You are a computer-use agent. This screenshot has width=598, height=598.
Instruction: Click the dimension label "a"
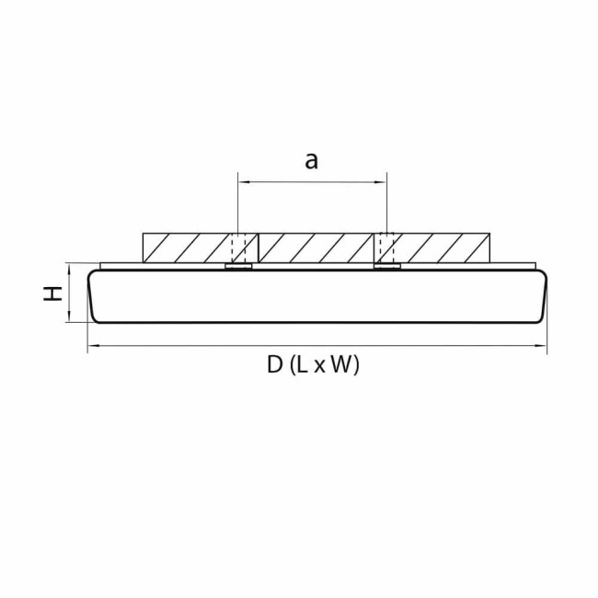[311, 162]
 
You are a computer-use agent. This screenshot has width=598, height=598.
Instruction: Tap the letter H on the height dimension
[55, 293]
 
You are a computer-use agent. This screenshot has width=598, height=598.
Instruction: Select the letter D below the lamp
[274, 365]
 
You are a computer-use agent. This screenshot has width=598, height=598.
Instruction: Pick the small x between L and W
[318, 367]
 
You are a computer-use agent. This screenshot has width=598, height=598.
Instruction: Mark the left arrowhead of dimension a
[242, 183]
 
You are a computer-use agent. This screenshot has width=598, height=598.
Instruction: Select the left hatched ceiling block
[184, 247]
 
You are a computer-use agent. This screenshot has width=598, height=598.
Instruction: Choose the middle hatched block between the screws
[313, 247]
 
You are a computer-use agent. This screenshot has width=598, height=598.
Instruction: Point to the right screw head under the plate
[386, 268]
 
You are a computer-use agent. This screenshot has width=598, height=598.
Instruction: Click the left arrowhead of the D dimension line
[91, 347]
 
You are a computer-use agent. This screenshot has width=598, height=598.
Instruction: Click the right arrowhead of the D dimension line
[544, 347]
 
